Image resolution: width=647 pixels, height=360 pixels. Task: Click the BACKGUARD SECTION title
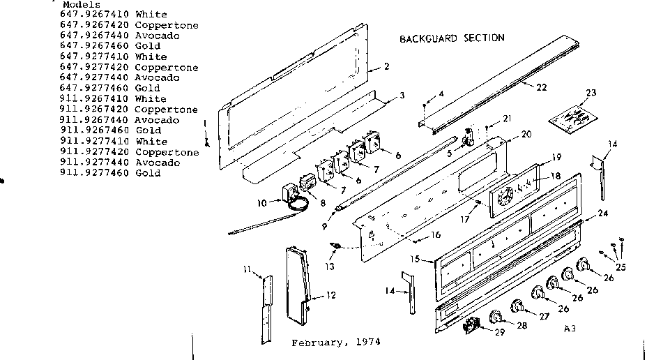451,38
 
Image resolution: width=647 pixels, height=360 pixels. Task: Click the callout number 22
542,87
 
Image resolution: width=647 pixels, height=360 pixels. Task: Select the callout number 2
386,68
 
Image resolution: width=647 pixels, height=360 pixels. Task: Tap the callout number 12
331,295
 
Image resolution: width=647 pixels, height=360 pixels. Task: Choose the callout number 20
526,134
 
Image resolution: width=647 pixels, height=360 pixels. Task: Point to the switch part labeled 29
472,324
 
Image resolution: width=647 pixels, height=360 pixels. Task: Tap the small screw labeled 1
207,142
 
